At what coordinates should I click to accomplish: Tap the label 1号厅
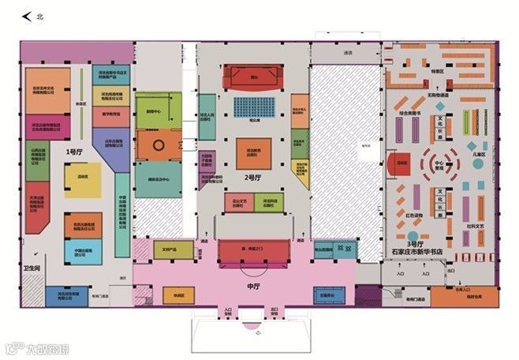coord(74,151)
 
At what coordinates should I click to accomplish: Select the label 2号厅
coord(254,177)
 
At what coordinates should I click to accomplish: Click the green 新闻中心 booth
coord(154,112)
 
